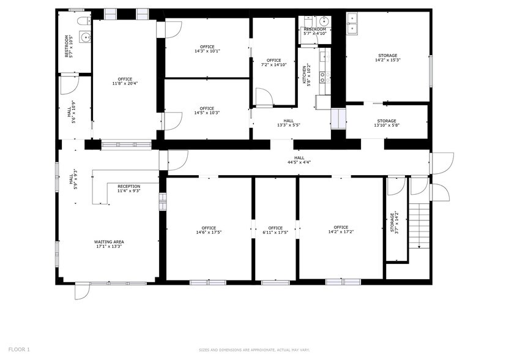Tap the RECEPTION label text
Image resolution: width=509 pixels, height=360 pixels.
tap(128, 189)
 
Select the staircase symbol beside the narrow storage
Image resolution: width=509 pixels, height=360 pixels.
tap(419, 227)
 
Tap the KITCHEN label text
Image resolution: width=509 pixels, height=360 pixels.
tap(303, 74)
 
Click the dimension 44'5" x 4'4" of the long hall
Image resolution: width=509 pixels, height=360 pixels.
tap(299, 162)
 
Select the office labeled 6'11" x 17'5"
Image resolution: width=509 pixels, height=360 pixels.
tap(275, 230)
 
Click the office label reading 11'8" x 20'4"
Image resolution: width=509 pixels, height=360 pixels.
tap(125, 81)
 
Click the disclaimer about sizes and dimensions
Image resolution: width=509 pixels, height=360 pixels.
tap(254, 350)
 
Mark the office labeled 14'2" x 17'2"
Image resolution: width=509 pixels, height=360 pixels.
tap(341, 230)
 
